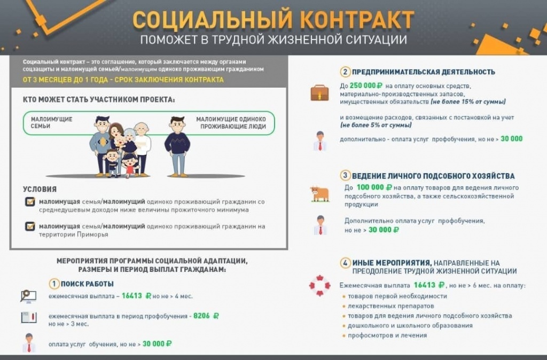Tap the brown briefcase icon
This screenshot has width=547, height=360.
coord(319,93)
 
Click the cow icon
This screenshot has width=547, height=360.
coord(319,193)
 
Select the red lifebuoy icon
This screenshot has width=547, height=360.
coord(319,285)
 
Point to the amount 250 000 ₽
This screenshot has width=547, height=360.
coord(369,85)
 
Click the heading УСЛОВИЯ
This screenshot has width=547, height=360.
coord(40,189)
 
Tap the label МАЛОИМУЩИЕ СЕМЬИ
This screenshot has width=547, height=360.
coord(51,122)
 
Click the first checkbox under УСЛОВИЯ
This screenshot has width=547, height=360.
coord(30,202)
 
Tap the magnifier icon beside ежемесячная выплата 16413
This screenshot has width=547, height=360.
coord(28,295)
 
